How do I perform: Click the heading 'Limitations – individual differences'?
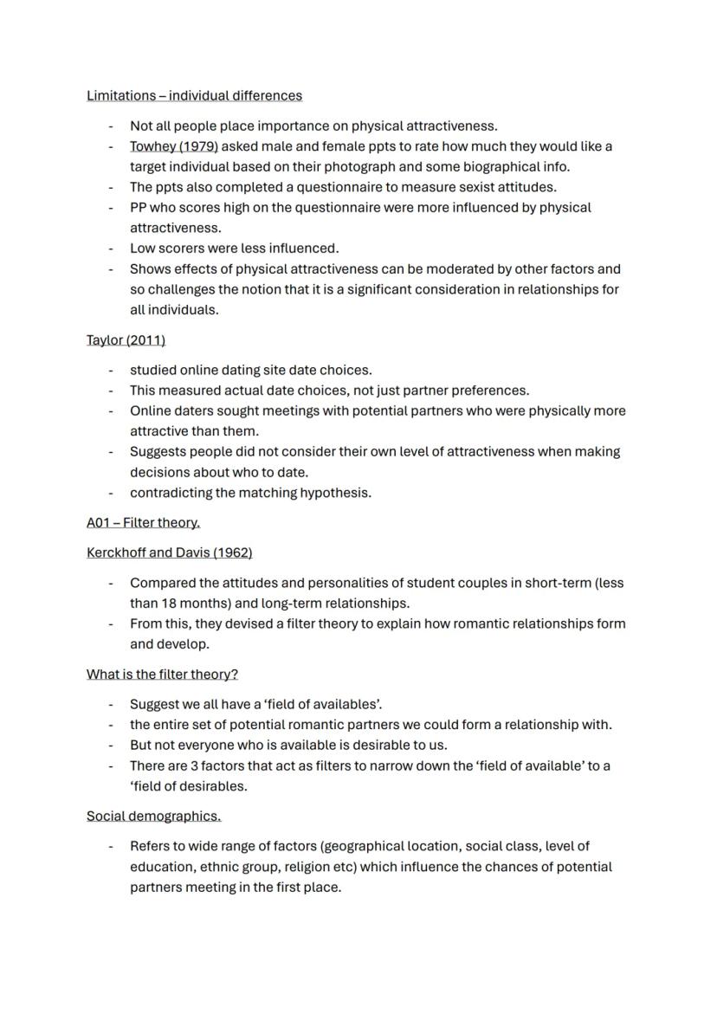tap(194, 95)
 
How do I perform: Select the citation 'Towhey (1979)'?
tap(173, 146)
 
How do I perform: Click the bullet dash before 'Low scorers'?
tap(111, 249)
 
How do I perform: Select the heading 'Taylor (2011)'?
tap(126, 340)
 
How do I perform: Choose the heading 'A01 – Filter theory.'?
tap(143, 523)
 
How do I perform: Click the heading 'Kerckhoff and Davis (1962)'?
tap(169, 552)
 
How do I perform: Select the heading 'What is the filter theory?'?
tap(162, 675)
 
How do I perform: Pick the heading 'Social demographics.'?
tap(153, 817)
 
